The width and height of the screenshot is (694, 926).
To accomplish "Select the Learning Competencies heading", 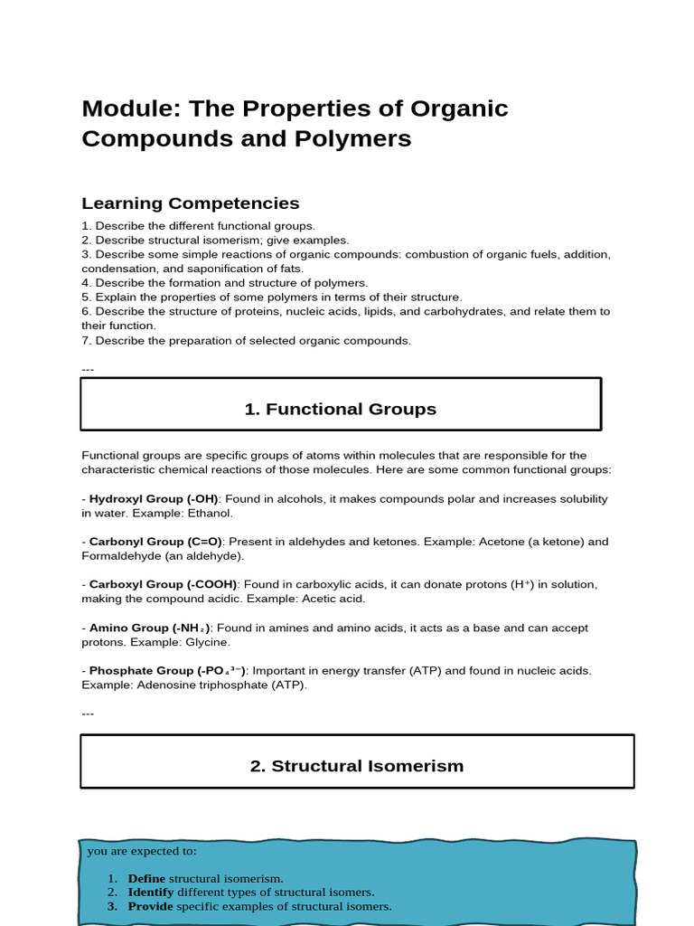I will (x=191, y=203).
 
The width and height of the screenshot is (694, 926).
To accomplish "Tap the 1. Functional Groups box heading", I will (x=341, y=409).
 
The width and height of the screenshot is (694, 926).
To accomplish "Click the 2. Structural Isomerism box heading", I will (x=357, y=766).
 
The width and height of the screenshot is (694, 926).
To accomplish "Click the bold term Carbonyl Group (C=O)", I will (x=155, y=542).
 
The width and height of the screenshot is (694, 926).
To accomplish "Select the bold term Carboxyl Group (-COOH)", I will (x=163, y=584).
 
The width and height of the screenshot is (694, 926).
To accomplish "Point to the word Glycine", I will (x=208, y=642).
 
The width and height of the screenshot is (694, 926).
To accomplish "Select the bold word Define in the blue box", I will (x=146, y=878).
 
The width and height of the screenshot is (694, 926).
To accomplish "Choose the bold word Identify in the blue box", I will (x=150, y=893).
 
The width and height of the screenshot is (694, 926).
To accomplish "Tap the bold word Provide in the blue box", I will (x=151, y=906).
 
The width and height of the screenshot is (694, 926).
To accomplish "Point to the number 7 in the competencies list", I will (x=85, y=341).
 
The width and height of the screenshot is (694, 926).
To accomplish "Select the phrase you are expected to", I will (x=141, y=851).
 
